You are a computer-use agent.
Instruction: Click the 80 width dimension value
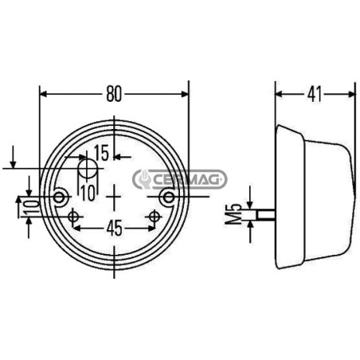(x=114, y=94)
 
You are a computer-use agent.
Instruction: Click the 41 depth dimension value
(x=315, y=94)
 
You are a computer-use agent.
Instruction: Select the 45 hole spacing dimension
(x=114, y=229)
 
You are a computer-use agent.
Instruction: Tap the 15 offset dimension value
(x=101, y=153)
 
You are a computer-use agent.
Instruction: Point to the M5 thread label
(x=233, y=214)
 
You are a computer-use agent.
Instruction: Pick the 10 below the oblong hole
(x=88, y=193)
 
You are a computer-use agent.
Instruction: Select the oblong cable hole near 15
(x=87, y=169)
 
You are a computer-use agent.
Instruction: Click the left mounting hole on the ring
(x=59, y=198)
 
